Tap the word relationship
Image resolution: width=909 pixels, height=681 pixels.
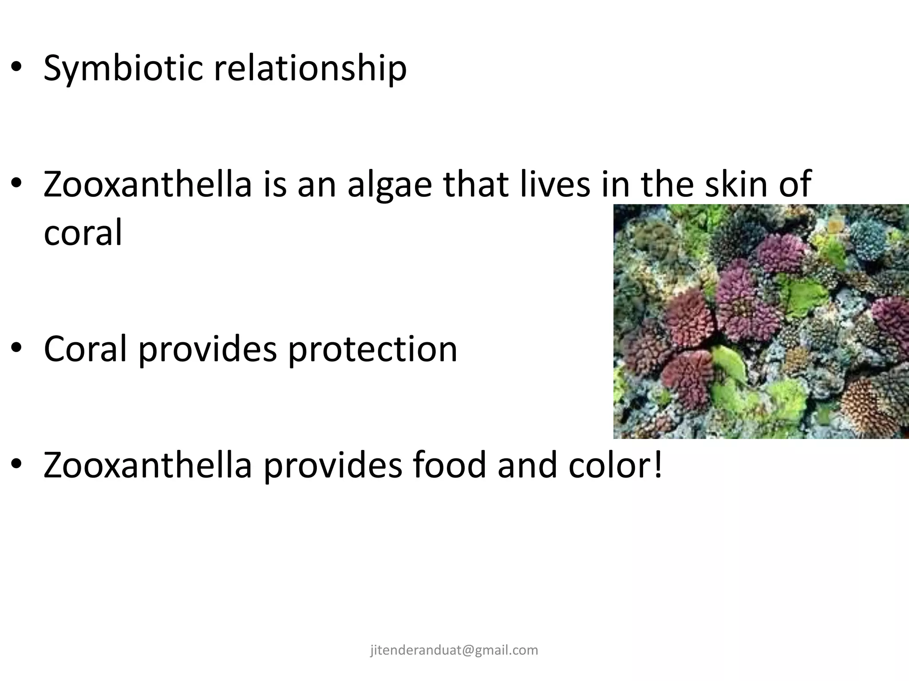310,69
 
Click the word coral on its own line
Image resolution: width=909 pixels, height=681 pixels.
83,233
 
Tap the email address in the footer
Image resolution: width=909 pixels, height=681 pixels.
454,650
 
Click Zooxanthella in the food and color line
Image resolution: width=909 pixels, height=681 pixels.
148,465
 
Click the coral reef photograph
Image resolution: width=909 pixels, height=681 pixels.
761,321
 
